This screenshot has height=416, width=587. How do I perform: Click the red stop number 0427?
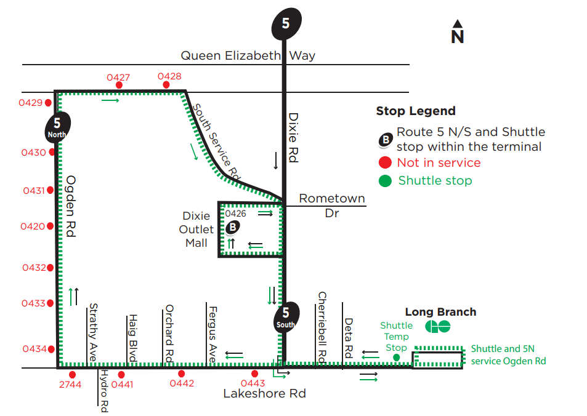point(118,78)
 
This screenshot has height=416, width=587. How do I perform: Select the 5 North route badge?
point(57,126)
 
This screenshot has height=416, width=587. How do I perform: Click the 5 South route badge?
point(285,318)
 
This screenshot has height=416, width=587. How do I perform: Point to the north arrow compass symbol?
point(457,32)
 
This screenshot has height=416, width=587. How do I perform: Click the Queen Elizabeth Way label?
point(248,55)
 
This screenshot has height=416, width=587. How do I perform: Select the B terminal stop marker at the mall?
point(232,227)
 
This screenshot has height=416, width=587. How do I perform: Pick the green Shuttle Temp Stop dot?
point(396,357)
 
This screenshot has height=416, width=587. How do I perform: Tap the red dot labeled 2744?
point(73,374)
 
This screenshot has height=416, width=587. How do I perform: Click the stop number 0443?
point(253,383)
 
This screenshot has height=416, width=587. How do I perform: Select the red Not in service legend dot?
point(385,163)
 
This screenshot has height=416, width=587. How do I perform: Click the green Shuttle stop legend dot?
point(385,181)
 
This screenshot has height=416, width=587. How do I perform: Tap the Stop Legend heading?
point(416,111)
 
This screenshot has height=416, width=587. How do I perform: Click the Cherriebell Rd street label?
point(321,326)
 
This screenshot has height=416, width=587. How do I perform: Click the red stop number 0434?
point(34,349)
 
